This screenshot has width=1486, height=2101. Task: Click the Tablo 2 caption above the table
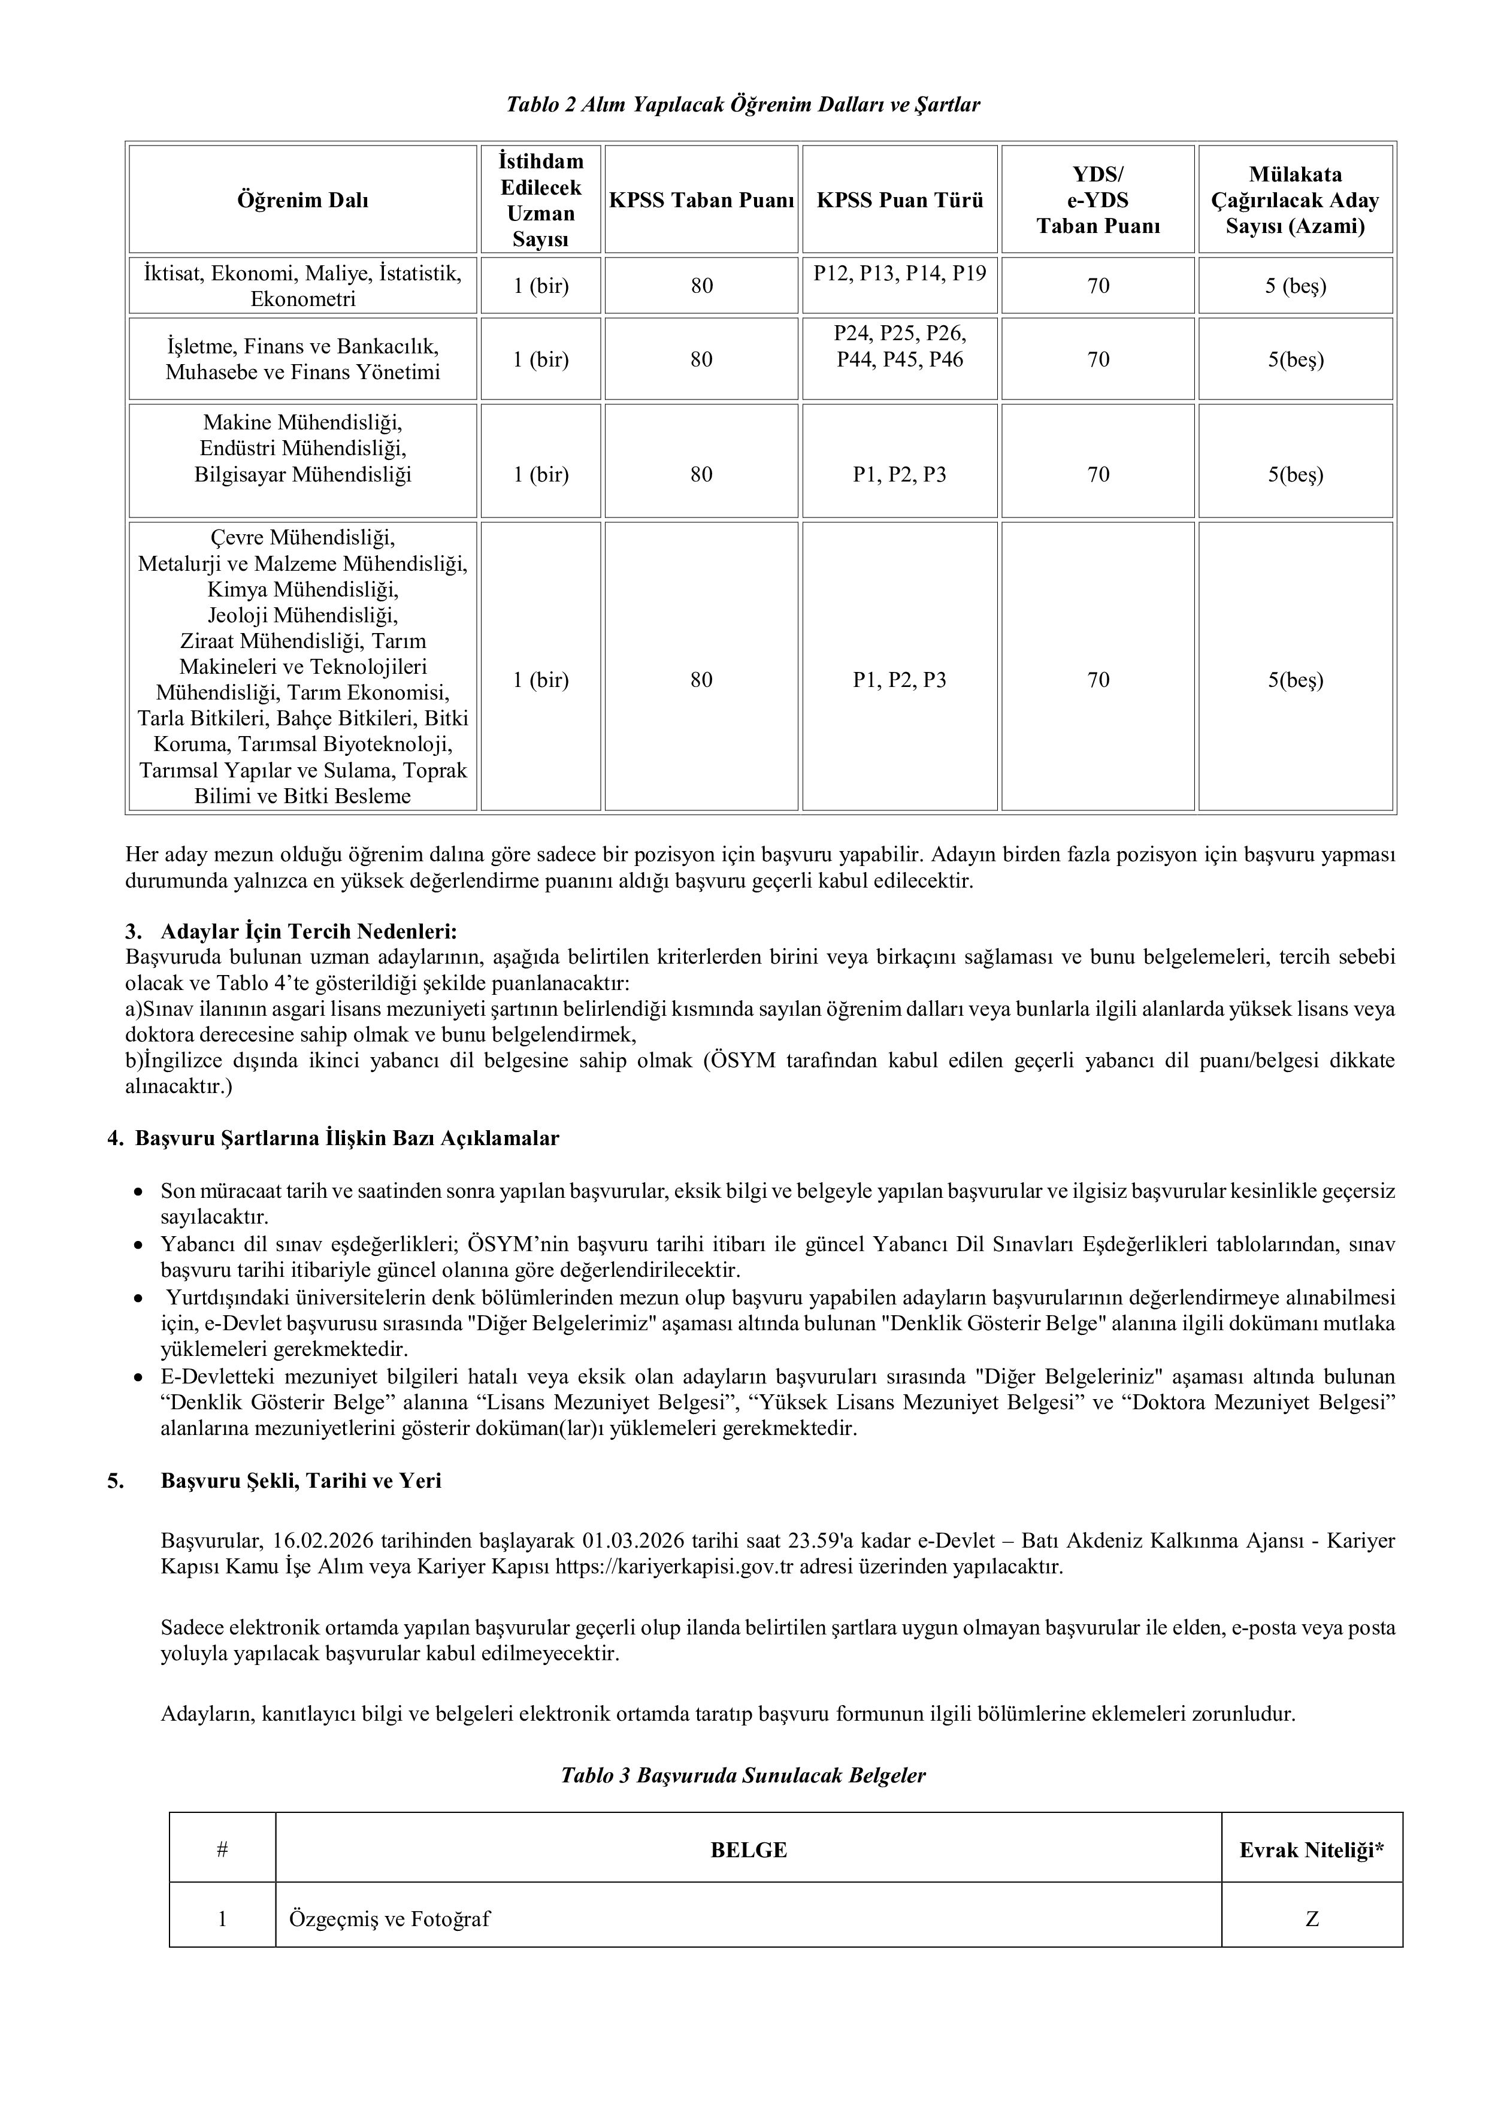(743, 104)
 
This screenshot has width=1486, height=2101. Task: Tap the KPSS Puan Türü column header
(900, 199)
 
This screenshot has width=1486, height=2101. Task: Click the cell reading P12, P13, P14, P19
(900, 273)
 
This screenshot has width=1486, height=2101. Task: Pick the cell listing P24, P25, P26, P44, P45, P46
(900, 346)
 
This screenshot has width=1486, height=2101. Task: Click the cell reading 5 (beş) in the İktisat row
(1295, 286)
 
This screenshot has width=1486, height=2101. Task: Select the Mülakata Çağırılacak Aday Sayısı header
(1295, 199)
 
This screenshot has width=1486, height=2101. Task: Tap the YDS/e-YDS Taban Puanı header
(1097, 199)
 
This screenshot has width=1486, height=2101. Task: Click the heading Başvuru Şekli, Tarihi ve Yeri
(301, 1481)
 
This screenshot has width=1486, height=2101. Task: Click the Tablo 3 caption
(743, 1775)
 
